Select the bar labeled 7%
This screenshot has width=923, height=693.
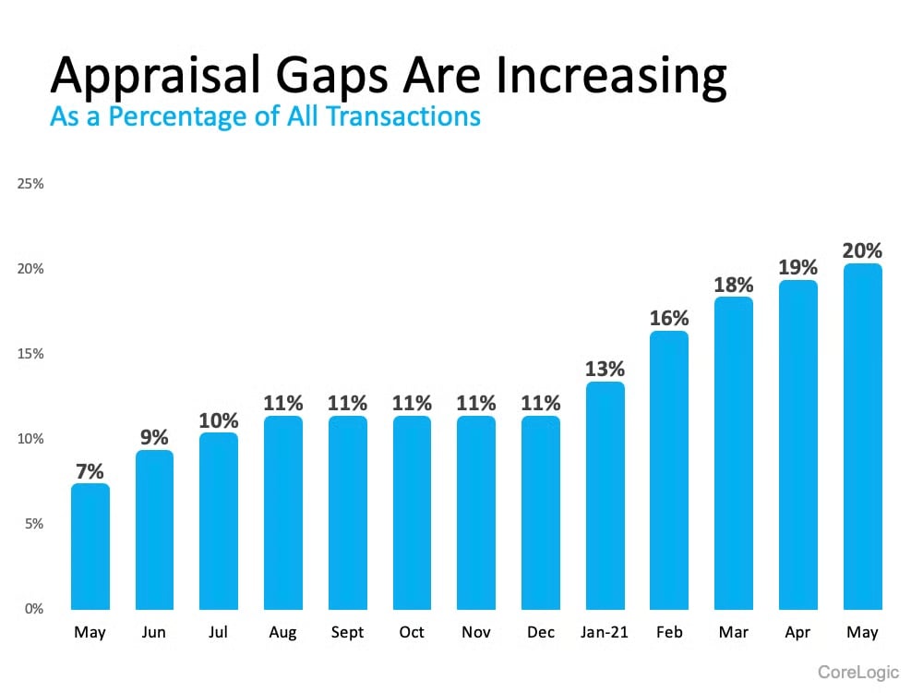[x=90, y=546]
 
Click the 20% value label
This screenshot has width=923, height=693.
[x=862, y=250]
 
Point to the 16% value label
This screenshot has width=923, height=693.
[x=669, y=318]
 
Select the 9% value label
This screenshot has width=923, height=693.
[x=154, y=437]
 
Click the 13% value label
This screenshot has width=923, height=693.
[x=605, y=369]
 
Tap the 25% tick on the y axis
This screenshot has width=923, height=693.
[x=31, y=184]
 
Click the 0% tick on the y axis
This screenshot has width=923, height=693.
[x=34, y=609]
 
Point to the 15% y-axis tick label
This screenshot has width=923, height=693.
[x=31, y=354]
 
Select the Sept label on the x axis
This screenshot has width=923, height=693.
[x=347, y=633]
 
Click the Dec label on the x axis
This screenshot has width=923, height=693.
[x=540, y=633]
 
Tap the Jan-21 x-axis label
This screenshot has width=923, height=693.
[x=605, y=633]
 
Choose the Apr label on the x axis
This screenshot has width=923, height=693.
[x=797, y=633]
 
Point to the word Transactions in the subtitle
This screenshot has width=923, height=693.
[x=407, y=116]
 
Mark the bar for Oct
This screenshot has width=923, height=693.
[x=412, y=512]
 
